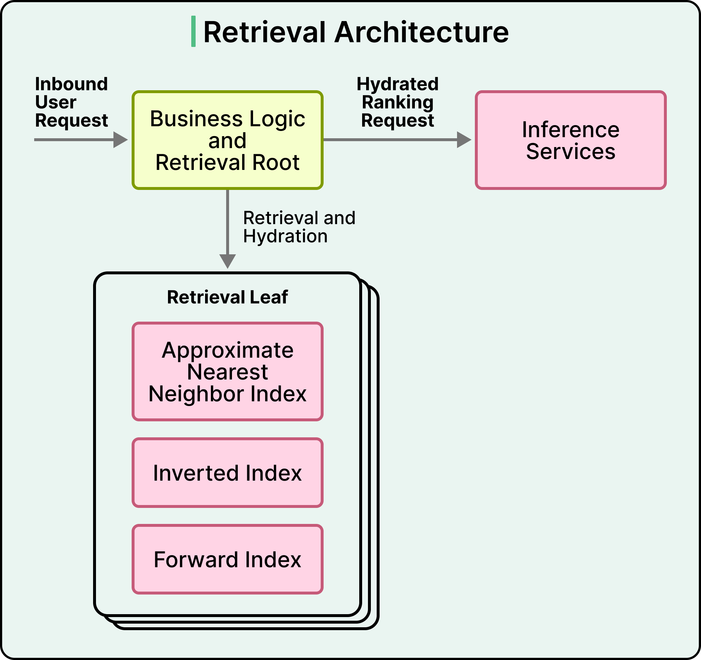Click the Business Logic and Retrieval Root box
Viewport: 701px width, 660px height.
[228, 140]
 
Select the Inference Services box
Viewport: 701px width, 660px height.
[571, 140]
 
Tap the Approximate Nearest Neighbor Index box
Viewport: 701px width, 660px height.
[228, 371]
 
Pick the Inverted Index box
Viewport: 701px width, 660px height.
[228, 473]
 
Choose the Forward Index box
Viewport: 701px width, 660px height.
[228, 559]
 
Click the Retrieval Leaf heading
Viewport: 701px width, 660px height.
[228, 297]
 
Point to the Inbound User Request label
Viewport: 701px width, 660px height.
[72, 102]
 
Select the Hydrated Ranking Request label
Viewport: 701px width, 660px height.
[398, 102]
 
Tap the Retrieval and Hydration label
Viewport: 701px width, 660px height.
[299, 227]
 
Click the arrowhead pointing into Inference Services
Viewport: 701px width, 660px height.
[464, 140]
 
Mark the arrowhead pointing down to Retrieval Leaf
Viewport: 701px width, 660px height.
[228, 261]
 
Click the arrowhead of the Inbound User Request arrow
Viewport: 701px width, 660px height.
[121, 140]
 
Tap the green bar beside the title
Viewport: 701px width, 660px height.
[193, 31]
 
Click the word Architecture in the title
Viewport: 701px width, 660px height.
[422, 32]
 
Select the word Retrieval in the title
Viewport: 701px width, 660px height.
[264, 32]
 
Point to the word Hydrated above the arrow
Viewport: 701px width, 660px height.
[398, 84]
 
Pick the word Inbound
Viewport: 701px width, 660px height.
[72, 84]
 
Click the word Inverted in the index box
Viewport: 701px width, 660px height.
[195, 473]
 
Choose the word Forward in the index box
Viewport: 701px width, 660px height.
[196, 560]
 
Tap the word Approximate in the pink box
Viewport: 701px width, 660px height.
[228, 350]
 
